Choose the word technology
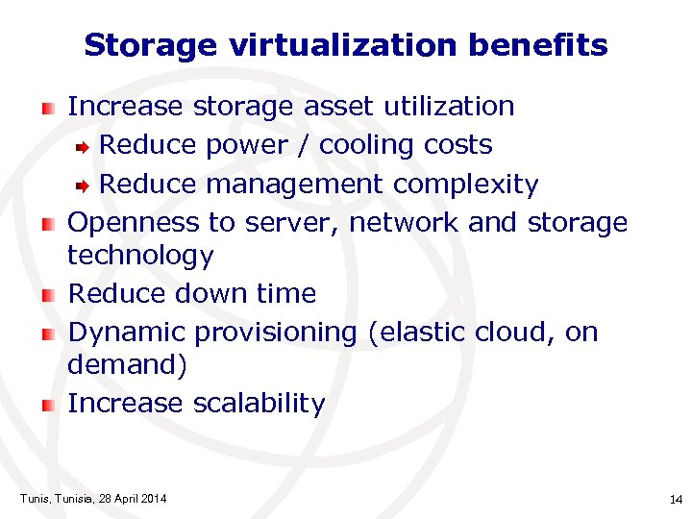point(140,256)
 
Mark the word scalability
point(259,404)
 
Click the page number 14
point(674,500)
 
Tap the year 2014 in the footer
point(153,498)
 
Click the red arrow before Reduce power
point(85,146)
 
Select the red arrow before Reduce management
point(85,185)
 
